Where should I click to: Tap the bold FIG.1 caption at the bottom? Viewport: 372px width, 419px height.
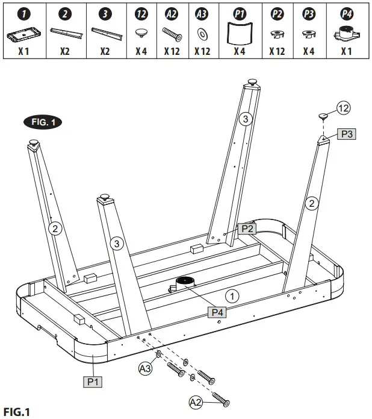(17, 412)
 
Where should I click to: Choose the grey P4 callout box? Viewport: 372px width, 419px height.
(219, 312)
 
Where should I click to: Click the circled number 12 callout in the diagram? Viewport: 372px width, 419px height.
(343, 108)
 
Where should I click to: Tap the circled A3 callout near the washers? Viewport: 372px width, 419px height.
(145, 367)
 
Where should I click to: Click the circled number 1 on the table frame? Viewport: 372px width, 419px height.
(231, 295)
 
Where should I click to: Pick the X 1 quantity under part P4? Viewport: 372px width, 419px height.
(346, 52)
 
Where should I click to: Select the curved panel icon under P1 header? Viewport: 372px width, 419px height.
(240, 34)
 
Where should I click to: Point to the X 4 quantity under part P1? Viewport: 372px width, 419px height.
(240, 52)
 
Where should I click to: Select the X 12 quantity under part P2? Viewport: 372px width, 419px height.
(276, 52)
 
